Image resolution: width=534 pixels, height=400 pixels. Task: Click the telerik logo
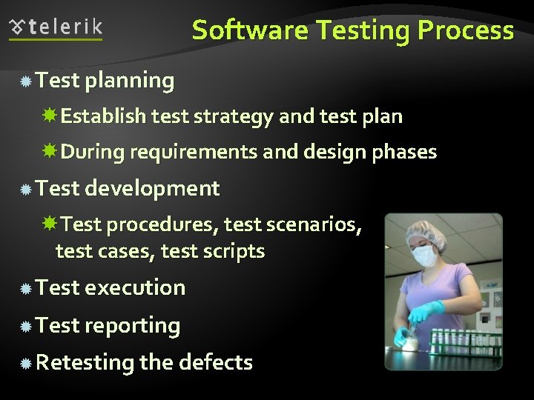pyautogui.click(x=56, y=28)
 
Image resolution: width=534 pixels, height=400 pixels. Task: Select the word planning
pyautogui.click(x=130, y=81)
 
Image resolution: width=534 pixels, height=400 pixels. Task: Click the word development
pyautogui.click(x=152, y=189)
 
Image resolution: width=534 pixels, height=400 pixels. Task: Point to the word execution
pyautogui.click(x=135, y=287)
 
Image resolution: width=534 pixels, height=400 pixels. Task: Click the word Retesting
pyautogui.click(x=85, y=362)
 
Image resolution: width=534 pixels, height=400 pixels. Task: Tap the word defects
pyautogui.click(x=217, y=362)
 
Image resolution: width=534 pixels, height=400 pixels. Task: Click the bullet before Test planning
pyautogui.click(x=25, y=81)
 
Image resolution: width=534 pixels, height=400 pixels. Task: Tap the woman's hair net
pyautogui.click(x=425, y=235)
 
